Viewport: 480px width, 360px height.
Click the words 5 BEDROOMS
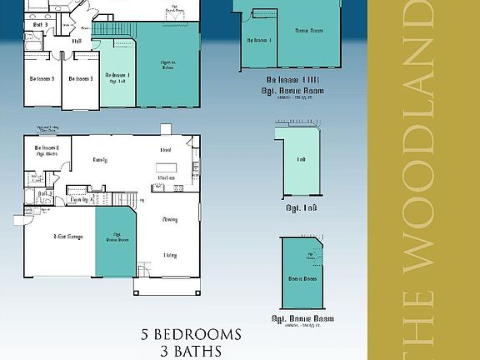point(192,335)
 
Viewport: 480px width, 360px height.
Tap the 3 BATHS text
point(192,351)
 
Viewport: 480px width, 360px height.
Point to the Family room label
point(100,159)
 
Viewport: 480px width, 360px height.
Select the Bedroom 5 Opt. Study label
point(45,151)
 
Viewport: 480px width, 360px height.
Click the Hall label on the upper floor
point(77,40)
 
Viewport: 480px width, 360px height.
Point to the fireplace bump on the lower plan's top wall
point(165,129)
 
